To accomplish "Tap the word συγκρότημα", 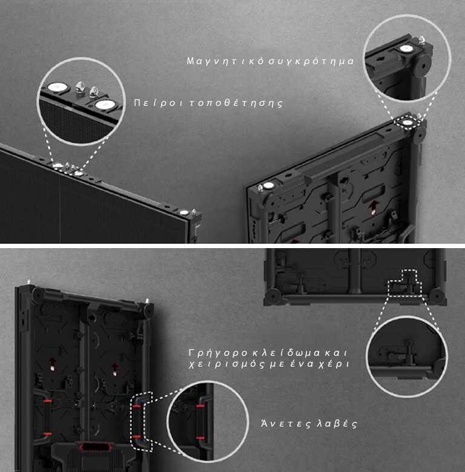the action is [x=311, y=61].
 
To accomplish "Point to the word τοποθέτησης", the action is [x=237, y=103].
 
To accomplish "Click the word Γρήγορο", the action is [x=219, y=353].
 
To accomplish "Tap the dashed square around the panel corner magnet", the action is [x=407, y=122].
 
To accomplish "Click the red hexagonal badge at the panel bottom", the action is [x=96, y=447].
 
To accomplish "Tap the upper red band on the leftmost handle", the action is [x=47, y=401].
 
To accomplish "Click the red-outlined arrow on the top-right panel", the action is [x=374, y=207].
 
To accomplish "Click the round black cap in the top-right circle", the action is [x=423, y=65].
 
